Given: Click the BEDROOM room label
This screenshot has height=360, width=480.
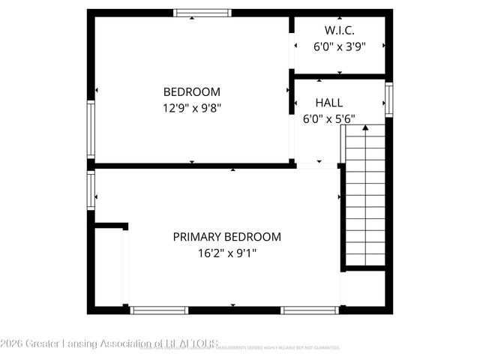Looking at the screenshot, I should click(x=192, y=92).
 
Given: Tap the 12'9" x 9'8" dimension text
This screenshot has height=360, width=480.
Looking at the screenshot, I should click(x=192, y=107).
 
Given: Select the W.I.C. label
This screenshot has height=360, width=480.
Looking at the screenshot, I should click(x=339, y=31).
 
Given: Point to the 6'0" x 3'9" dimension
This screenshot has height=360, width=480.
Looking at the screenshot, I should click(x=339, y=46).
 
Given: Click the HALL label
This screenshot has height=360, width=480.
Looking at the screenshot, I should click(x=329, y=103).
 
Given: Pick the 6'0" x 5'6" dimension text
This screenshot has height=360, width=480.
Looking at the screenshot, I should click(x=329, y=118).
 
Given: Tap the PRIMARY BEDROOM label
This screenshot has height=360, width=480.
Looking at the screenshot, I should click(x=227, y=237).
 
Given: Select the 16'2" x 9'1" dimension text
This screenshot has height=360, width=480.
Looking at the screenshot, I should click(x=227, y=253).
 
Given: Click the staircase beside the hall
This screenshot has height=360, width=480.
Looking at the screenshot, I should click(x=365, y=199).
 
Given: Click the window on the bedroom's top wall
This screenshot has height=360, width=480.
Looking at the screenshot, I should click(x=202, y=13).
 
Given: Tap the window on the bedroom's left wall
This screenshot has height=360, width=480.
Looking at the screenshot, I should click(x=91, y=130).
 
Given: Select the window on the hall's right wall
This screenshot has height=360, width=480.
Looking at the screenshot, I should click(x=388, y=99).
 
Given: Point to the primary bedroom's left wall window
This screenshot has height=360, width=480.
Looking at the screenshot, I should click(x=91, y=190).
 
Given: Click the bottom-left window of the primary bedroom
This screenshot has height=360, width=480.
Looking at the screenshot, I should click(x=159, y=310).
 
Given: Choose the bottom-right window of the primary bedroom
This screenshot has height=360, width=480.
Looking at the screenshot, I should click(x=309, y=310).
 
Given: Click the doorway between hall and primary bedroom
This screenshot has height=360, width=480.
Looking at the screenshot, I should click(x=319, y=165).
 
